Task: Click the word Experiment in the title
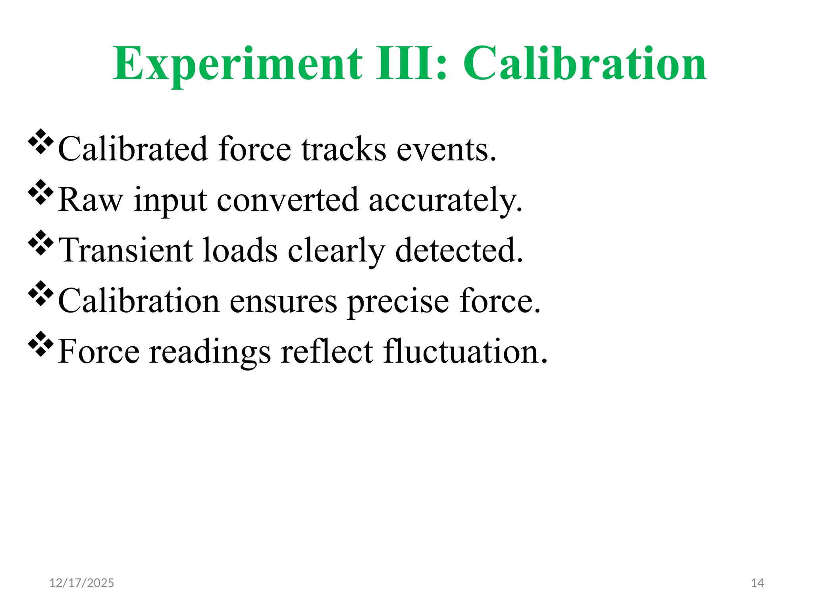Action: point(237,64)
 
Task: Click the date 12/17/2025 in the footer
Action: point(81,583)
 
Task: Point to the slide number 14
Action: point(757,583)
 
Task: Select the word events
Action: point(446,150)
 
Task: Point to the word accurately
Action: point(445,201)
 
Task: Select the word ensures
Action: point(283,302)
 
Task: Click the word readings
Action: point(210,353)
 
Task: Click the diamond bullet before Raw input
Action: point(40,192)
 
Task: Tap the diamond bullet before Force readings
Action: point(40,344)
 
